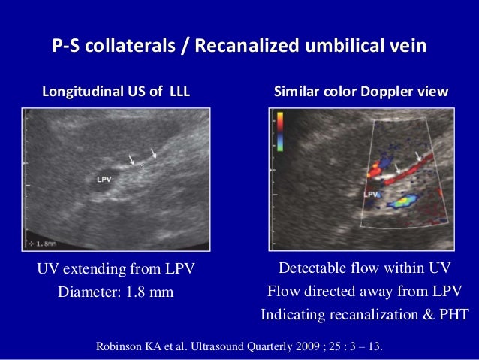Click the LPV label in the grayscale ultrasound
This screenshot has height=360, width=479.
105,179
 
